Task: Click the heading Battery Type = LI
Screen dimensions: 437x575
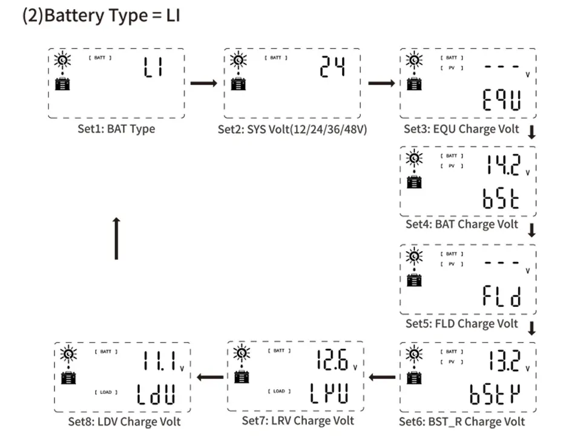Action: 101,16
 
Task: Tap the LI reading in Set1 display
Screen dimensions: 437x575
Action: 153,68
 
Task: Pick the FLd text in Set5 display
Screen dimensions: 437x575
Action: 501,297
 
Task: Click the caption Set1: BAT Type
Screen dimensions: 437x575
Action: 116,129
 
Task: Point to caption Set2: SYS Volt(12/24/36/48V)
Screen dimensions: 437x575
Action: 292,130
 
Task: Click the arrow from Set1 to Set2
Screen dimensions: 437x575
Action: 203,82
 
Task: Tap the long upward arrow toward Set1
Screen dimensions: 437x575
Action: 116,238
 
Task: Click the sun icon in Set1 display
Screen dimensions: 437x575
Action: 62,60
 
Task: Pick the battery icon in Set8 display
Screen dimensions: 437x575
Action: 69,378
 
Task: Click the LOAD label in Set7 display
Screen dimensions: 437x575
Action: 278,391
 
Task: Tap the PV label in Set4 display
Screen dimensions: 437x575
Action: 452,166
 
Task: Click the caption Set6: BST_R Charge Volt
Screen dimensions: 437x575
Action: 462,421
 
